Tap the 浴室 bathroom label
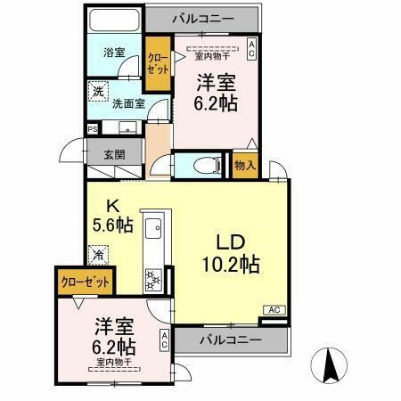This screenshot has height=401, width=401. (113, 53)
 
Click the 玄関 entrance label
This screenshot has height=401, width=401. (113, 153)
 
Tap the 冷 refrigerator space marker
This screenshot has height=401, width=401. (98, 253)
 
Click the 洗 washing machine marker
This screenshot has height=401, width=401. (97, 91)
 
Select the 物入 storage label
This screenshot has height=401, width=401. (245, 165)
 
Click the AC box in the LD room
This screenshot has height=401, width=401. (274, 310)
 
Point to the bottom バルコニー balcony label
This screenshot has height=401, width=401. (230, 340)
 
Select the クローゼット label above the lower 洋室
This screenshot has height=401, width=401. (86, 282)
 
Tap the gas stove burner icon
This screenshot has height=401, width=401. (152, 280)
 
